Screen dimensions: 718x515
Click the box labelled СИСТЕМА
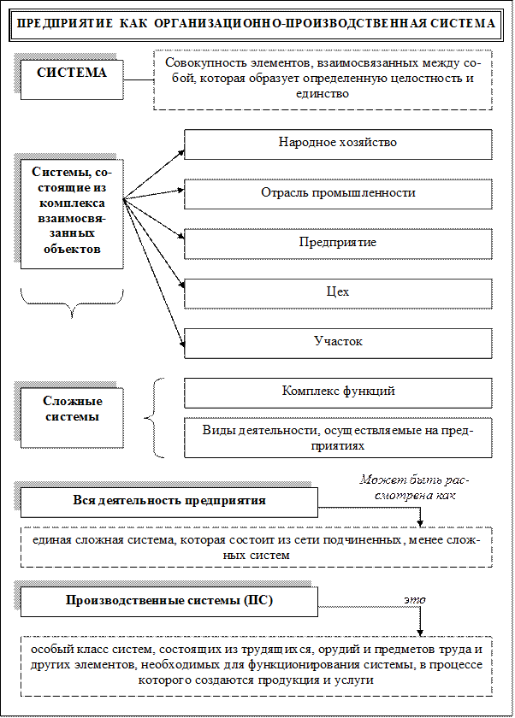coord(72,74)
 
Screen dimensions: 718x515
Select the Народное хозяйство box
coord(338,144)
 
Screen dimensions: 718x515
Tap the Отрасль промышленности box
coord(338,193)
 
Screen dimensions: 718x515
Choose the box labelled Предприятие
coord(338,243)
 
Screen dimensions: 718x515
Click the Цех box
coord(338,292)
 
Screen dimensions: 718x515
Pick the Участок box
coord(338,342)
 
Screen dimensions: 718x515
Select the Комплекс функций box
coord(338,392)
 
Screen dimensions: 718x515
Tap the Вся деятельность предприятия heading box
coord(169,502)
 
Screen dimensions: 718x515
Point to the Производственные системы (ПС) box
coord(169,601)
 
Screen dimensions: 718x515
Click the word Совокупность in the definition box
coord(202,65)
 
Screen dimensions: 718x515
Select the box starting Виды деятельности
coord(338,438)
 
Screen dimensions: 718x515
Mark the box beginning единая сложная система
coord(257,548)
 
